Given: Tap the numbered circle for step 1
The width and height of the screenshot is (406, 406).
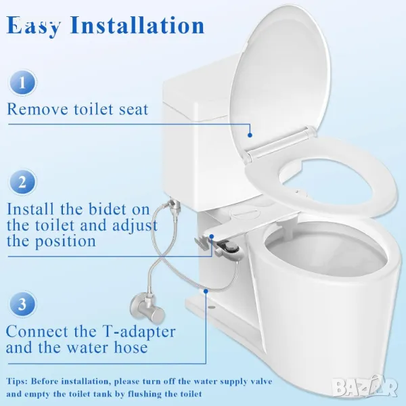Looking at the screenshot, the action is [22, 83].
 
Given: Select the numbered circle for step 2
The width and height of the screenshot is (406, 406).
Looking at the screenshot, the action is [22, 182].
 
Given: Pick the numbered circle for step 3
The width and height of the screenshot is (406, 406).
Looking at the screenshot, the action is [22, 303].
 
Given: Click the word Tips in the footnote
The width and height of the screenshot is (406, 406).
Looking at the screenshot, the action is [17, 382].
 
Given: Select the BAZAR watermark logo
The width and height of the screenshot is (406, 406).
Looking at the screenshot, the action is [365, 386].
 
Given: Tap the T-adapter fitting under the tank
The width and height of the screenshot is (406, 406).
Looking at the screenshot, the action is [173, 205].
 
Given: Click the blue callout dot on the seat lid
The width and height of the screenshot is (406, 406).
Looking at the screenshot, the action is [250, 135].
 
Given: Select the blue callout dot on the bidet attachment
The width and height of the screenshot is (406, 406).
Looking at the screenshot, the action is [212, 236].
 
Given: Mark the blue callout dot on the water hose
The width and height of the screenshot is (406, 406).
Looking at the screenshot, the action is [206, 291].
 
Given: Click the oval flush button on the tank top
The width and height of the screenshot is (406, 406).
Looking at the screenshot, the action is [245, 213].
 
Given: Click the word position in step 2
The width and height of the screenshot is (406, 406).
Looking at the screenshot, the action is [65, 242].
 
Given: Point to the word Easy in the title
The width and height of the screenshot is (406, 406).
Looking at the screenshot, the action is [34, 26].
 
